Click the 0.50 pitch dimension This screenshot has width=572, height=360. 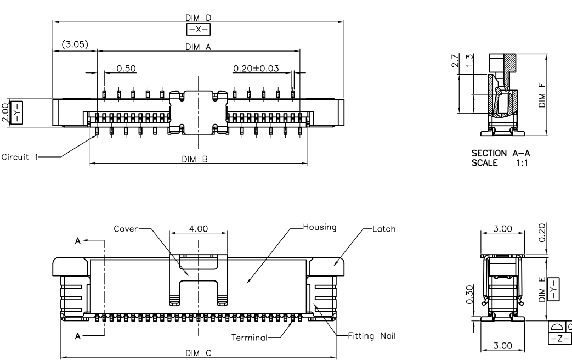(x=127, y=68)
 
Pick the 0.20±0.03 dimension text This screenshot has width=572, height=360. (x=256, y=68)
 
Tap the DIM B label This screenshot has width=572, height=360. (x=198, y=159)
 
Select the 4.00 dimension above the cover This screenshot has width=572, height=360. (x=197, y=229)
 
